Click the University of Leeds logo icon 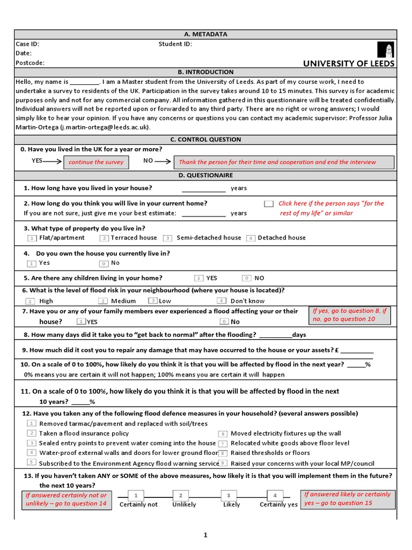(389, 50)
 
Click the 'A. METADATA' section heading (206, 34)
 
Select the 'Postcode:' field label (30, 63)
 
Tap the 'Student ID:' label (175, 44)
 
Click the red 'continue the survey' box (96, 162)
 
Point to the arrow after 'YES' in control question (53, 161)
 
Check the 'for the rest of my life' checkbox (269, 204)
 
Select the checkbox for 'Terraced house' (105, 238)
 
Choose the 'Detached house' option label (282, 237)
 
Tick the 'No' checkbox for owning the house (104, 263)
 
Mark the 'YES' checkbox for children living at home (199, 278)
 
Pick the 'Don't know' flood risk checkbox (222, 301)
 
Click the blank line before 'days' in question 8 (275, 335)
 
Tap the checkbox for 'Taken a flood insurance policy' (32, 433)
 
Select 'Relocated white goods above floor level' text (290, 443)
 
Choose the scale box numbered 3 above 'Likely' (229, 495)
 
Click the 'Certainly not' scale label (138, 505)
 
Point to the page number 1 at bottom (205, 535)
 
